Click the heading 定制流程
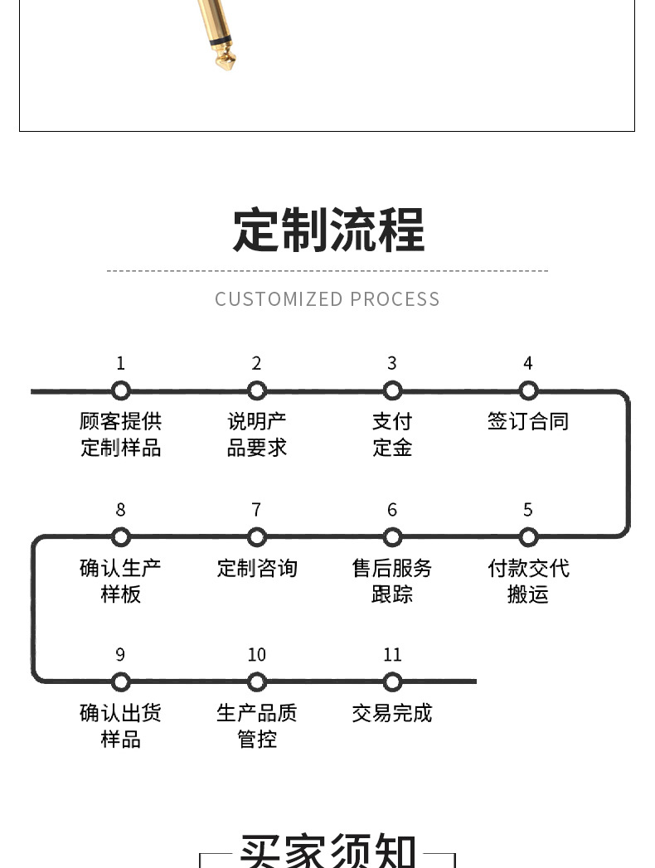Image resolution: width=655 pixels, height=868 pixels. tap(327, 230)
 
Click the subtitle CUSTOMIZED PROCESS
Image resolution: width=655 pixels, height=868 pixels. tap(327, 299)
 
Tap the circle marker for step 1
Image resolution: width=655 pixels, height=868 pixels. tap(121, 390)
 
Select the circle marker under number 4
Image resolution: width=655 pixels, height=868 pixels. tap(528, 390)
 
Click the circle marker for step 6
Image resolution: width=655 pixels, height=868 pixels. tap(392, 536)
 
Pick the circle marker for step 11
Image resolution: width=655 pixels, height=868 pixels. tap(392, 681)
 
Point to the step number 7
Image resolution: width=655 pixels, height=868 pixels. tap(256, 510)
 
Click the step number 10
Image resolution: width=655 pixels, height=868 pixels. tap(256, 655)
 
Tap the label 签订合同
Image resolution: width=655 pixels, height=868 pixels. tap(528, 421)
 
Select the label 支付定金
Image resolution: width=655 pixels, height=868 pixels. tap(392, 434)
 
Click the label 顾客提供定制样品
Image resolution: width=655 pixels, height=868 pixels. tap(121, 434)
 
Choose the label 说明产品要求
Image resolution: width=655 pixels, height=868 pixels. tap(256, 434)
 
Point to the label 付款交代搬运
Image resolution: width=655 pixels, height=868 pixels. tap(528, 580)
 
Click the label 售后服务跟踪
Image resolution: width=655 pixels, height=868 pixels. tap(392, 580)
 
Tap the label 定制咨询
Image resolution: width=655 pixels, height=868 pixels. tap(256, 568)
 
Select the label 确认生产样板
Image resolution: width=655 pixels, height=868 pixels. tap(121, 580)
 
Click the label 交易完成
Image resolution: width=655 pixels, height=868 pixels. tap(392, 713)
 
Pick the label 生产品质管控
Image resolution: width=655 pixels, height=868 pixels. tap(256, 725)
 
